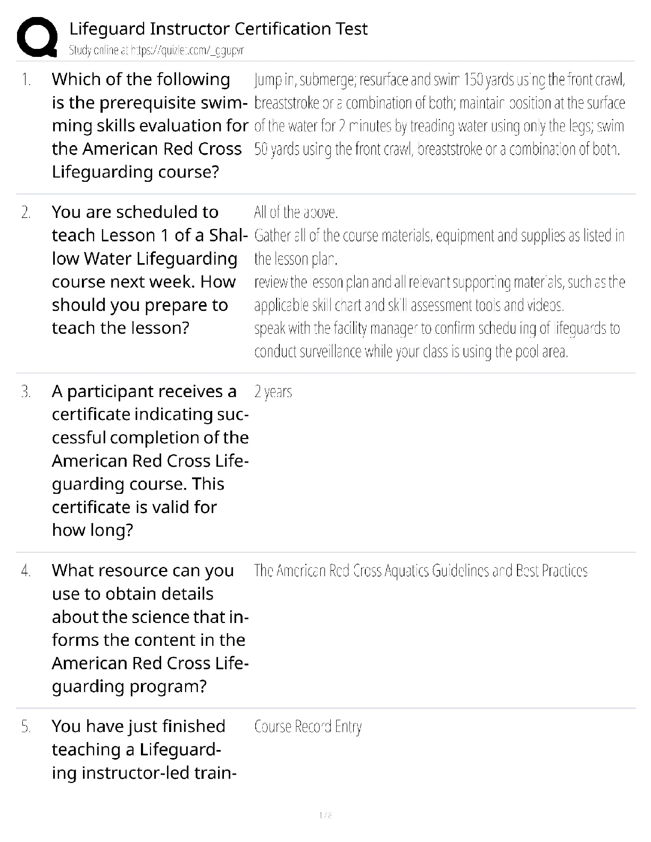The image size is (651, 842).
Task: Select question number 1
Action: pyautogui.click(x=26, y=80)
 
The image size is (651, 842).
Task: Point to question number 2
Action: pyautogui.click(x=26, y=213)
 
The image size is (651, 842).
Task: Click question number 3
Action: pyautogui.click(x=26, y=392)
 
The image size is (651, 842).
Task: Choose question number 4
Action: pyautogui.click(x=26, y=571)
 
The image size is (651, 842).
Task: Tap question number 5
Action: pyautogui.click(x=26, y=727)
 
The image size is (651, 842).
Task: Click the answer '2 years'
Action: pyautogui.click(x=273, y=392)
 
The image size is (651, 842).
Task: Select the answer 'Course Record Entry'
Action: pyautogui.click(x=308, y=727)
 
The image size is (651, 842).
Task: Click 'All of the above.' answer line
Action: pyautogui.click(x=296, y=213)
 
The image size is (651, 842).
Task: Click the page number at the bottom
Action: pyautogui.click(x=325, y=815)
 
